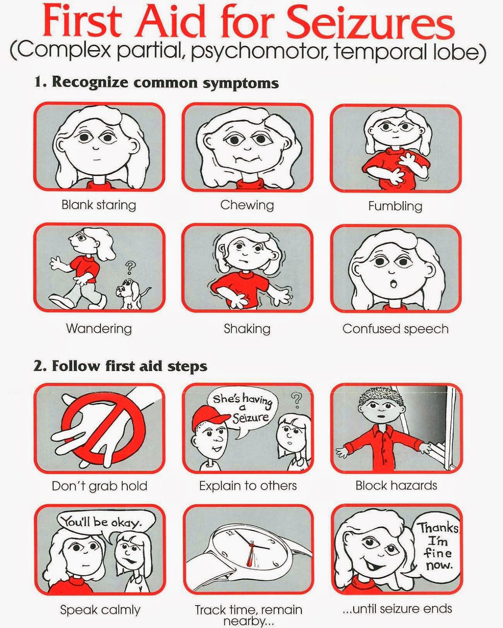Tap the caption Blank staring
point(99,205)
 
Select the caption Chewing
point(247,205)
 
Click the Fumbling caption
point(395,206)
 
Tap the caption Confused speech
point(395,329)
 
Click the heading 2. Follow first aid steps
point(120,366)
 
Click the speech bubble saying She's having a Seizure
point(242,409)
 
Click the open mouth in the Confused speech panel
point(394,283)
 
